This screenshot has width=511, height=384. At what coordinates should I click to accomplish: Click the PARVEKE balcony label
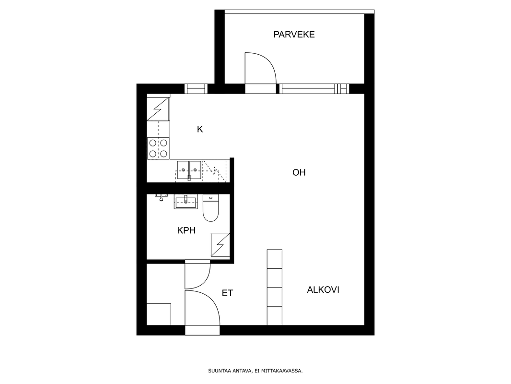tap(294, 35)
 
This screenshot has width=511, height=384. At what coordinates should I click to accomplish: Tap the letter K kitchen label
tap(200, 129)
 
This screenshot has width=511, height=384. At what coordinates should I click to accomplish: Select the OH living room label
tap(299, 172)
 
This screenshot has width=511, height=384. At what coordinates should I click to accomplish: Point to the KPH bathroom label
tap(186, 230)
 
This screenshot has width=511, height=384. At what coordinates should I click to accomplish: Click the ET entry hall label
tap(228, 293)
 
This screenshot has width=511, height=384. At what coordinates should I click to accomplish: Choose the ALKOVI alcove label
tap(323, 290)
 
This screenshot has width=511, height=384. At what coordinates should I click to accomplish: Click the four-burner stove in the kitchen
tap(158, 148)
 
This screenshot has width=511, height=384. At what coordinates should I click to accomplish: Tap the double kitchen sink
tap(189, 170)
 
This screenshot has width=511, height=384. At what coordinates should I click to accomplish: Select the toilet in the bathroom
tap(211, 208)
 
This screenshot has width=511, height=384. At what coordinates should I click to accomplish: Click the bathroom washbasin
tap(186, 202)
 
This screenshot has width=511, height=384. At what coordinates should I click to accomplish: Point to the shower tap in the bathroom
tap(161, 197)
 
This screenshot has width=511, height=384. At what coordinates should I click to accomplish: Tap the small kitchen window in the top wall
tap(196, 89)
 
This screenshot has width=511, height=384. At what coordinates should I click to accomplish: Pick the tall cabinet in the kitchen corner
tap(158, 109)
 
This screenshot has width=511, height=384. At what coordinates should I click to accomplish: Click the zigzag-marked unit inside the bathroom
tap(221, 244)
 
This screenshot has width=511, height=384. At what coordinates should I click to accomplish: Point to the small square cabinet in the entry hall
tap(159, 314)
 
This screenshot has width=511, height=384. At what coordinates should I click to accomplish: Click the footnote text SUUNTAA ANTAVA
tap(230, 371)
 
